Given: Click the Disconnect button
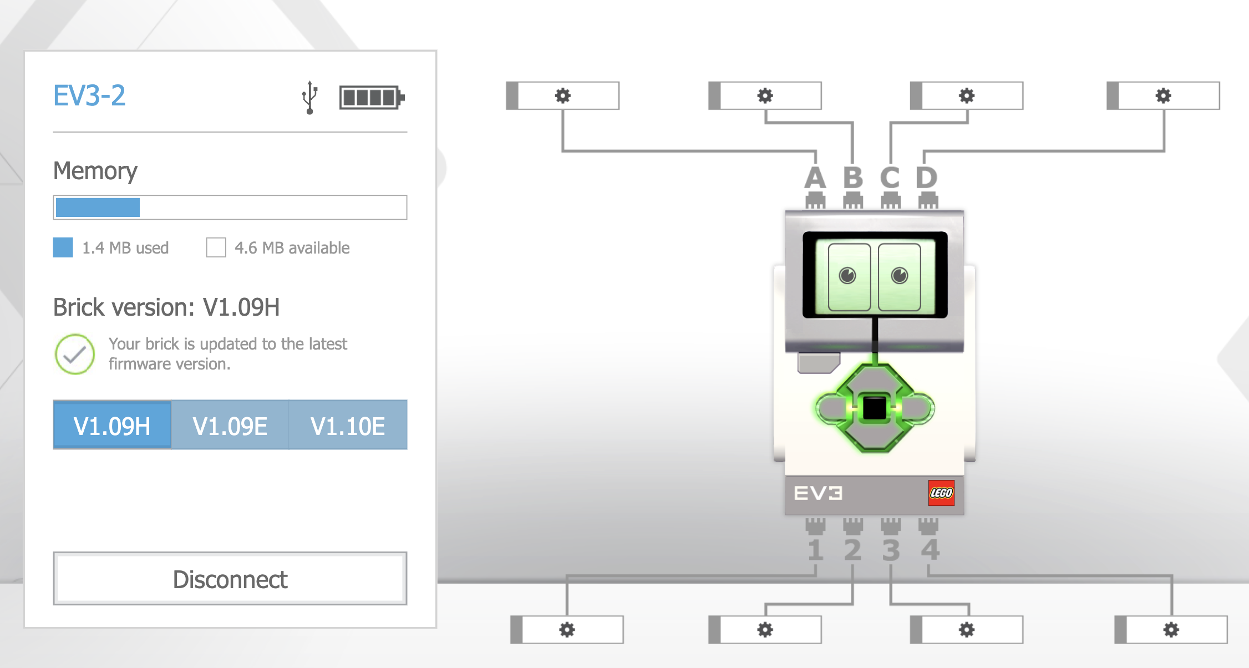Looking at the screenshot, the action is (x=230, y=579).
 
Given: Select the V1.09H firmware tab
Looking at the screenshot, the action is (x=112, y=425).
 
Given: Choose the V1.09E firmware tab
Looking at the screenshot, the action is (x=230, y=425).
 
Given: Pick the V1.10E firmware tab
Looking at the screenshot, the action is (x=348, y=425).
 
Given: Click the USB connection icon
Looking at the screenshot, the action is (x=310, y=97).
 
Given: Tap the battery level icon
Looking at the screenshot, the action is (x=372, y=98).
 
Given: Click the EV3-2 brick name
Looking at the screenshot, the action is (x=89, y=95).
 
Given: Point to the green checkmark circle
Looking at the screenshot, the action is (x=75, y=354).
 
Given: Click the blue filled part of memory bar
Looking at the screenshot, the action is (x=98, y=208).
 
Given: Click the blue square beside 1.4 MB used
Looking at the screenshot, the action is (x=63, y=247).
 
